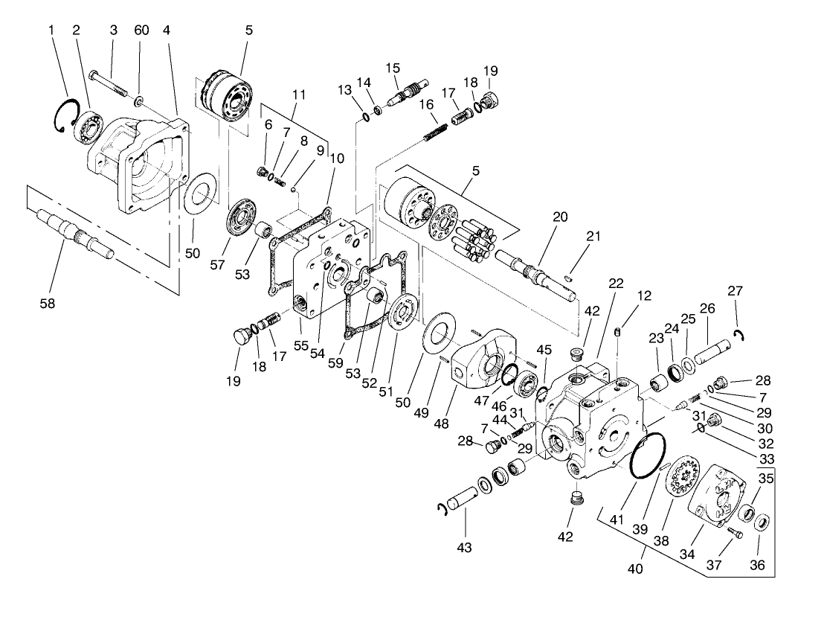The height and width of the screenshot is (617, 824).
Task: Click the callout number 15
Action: pyautogui.click(x=393, y=68)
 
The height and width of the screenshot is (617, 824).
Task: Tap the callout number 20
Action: pyautogui.click(x=560, y=217)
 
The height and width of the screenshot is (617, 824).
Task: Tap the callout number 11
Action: pyautogui.click(x=299, y=95)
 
